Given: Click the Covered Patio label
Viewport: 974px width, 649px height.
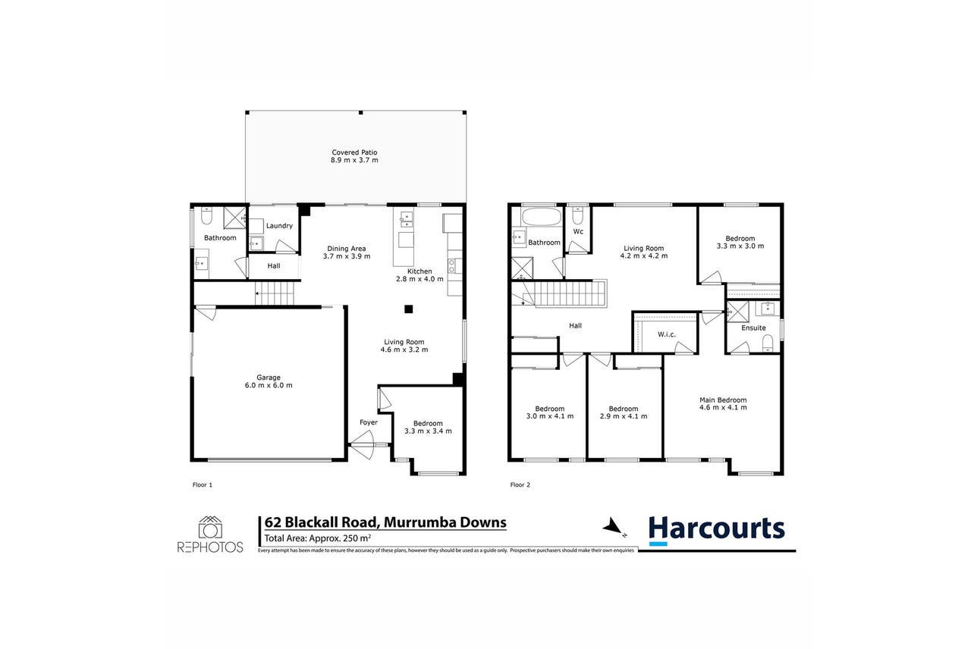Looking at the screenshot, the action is coord(354,152).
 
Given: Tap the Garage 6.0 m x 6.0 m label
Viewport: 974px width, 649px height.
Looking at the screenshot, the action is coord(269,381).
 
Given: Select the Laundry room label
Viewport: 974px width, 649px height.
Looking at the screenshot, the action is coord(279,226).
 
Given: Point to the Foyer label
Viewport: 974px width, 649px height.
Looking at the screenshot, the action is coord(369,422).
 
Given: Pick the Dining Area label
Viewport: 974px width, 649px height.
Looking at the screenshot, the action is coord(347,249).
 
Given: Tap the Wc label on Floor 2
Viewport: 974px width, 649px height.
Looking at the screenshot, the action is coord(578,231).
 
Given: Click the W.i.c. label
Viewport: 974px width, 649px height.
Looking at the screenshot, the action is coord(667,334).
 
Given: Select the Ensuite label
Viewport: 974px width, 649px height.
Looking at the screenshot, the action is coord(753,328).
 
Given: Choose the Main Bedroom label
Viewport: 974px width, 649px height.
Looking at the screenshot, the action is coord(723,400).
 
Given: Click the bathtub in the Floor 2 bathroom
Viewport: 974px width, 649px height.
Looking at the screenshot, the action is coord(542,217).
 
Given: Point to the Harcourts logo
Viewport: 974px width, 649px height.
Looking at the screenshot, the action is coord(717,530).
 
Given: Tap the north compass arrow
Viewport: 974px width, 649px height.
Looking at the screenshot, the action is coord(613,527).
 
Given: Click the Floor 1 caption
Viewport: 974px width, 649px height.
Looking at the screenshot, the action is coord(203,484).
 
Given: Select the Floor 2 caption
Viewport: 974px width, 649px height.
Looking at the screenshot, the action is coord(520,484).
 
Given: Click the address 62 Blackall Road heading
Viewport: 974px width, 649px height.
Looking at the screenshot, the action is coord(385,522).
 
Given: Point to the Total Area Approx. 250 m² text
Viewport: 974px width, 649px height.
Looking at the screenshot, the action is coord(317,538).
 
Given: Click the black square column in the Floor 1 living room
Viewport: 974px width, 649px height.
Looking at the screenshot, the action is coord(408,309).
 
